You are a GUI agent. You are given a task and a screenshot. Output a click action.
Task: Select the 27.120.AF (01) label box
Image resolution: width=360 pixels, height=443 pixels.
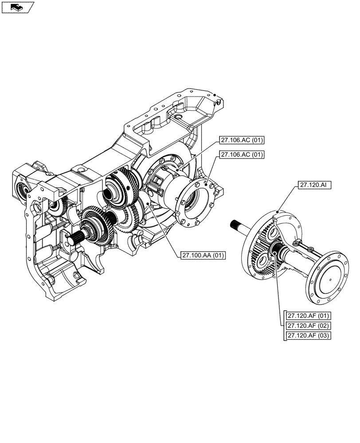309,316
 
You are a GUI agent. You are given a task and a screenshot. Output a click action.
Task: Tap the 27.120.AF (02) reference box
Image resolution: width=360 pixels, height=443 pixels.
309,326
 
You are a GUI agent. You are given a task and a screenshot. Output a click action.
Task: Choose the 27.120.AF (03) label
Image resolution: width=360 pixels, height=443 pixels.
309,335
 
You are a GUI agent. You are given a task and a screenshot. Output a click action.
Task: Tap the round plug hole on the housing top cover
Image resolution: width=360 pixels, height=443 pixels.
178,117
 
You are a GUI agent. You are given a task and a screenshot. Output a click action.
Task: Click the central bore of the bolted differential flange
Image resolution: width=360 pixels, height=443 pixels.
194,202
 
